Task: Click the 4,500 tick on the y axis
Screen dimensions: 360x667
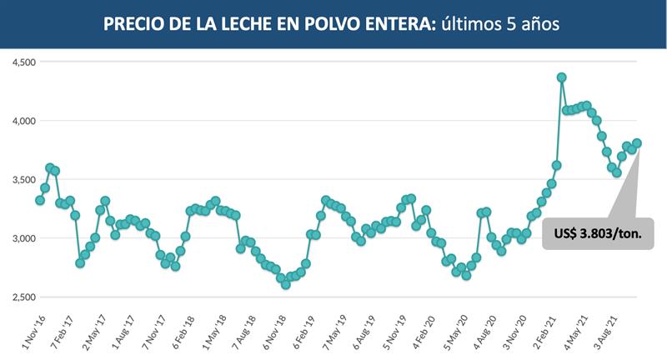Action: click(18, 62)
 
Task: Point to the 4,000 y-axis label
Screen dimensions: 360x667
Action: click(18, 121)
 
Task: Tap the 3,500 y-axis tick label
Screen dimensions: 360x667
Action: click(18, 180)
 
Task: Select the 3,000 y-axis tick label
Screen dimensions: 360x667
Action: click(18, 238)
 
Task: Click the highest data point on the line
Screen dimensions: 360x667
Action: click(562, 77)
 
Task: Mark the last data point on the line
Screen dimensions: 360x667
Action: click(637, 143)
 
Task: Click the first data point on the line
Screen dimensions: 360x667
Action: click(40, 200)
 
